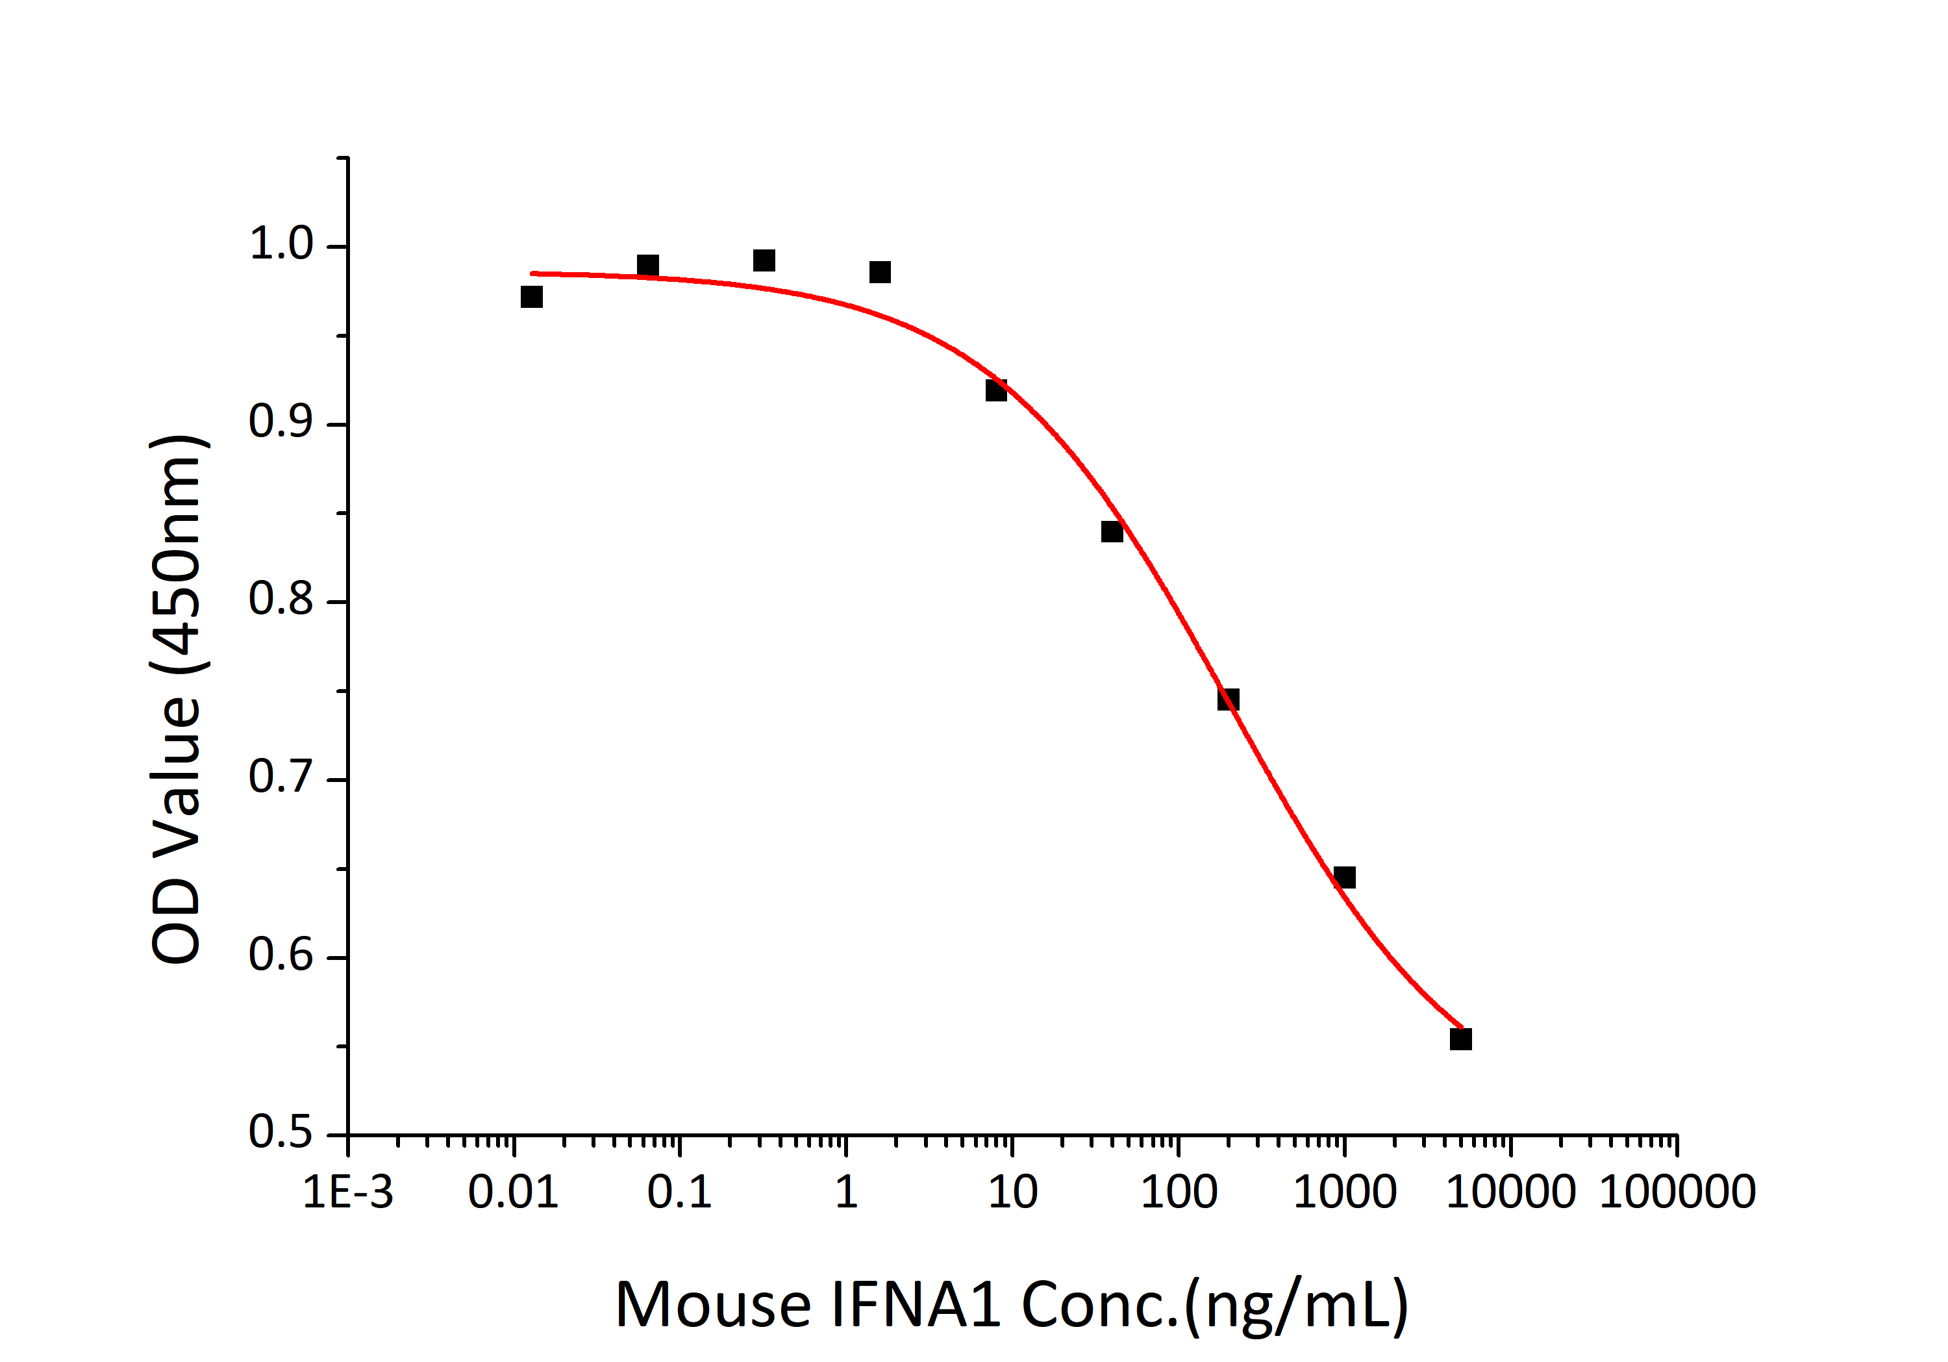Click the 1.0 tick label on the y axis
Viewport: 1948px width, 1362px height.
coord(281,246)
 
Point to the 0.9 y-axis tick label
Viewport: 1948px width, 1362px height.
coord(281,423)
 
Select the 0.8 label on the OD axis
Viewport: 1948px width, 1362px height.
coord(281,600)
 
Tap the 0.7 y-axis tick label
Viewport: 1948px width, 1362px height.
coord(281,778)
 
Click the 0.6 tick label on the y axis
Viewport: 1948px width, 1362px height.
coord(281,955)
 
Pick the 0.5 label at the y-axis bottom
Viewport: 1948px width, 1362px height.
coord(281,1133)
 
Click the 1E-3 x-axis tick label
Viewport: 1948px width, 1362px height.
coord(348,1192)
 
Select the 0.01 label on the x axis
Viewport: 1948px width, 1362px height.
coord(514,1192)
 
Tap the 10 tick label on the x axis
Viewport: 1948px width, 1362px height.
coord(1012,1192)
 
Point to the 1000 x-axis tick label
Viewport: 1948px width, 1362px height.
coord(1345,1192)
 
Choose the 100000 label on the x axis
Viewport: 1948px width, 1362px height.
coord(1677,1192)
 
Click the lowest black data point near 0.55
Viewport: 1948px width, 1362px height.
coord(1461,1039)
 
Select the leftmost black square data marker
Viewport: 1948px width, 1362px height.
coord(532,297)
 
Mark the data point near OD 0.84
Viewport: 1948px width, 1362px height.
coord(1112,532)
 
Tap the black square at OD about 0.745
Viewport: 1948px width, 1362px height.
coord(1229,700)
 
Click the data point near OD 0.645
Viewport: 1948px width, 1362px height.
coord(1345,877)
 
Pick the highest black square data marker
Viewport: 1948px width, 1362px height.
coord(764,260)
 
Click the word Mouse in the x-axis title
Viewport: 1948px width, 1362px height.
coord(713,1304)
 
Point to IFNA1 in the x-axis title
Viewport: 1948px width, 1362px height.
coord(916,1304)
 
